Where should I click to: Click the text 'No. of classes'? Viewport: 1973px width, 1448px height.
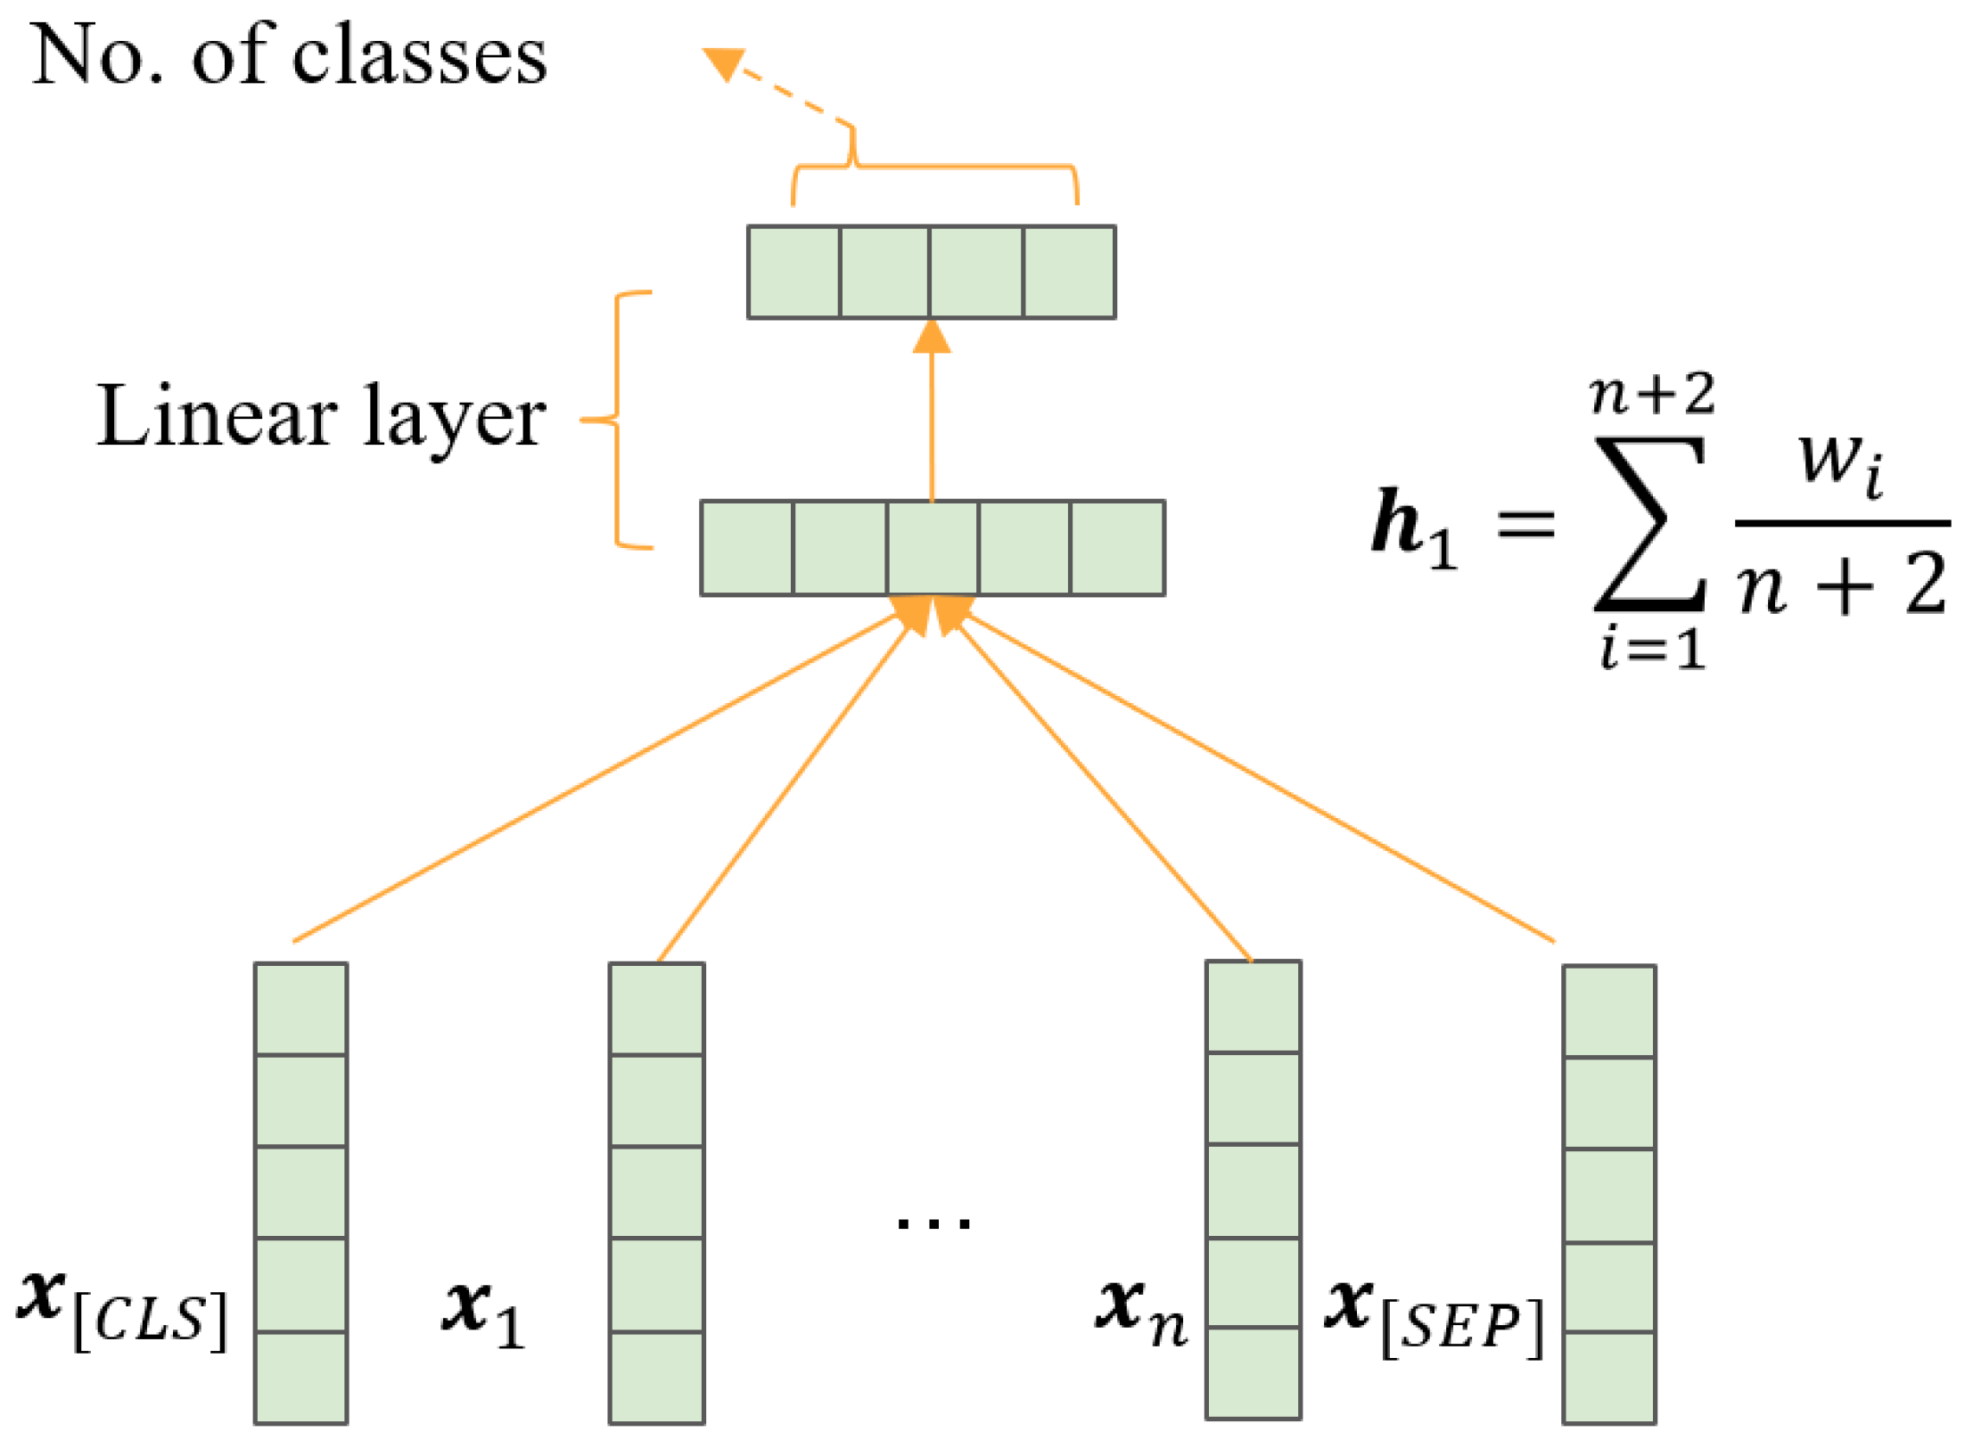(288, 55)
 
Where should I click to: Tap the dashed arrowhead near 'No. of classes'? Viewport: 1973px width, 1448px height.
(724, 63)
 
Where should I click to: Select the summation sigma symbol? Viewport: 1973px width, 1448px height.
(1648, 523)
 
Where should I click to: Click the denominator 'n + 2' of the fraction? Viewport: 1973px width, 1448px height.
(1842, 585)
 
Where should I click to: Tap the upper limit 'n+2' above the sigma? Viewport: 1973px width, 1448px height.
(1650, 394)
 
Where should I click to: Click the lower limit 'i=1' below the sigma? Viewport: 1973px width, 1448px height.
(1651, 648)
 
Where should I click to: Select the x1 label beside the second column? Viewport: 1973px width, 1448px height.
(482, 1315)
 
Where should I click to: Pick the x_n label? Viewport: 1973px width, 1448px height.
(1141, 1313)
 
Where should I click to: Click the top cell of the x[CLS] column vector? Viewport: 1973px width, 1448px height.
(300, 1008)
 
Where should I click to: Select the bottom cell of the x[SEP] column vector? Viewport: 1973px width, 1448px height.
(1607, 1376)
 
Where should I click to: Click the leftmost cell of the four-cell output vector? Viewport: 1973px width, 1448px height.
(793, 272)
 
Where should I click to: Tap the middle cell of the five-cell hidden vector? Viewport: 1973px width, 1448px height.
(932, 547)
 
